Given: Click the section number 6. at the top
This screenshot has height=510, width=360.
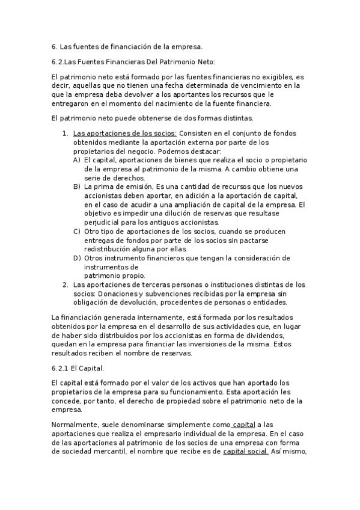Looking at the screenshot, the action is coord(54,46).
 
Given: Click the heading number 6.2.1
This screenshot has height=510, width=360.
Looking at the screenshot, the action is coord(61,367).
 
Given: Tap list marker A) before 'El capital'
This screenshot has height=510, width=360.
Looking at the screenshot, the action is coord(76,161).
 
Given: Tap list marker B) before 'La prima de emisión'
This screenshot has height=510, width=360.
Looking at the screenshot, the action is coord(76,187).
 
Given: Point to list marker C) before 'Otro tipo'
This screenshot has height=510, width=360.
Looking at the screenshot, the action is coord(76,232).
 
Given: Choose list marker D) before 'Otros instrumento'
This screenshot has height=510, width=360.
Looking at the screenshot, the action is coord(76,258).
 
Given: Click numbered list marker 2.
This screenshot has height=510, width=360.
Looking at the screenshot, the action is coord(66,284).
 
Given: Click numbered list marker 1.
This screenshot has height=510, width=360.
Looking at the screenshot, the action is coord(66,134).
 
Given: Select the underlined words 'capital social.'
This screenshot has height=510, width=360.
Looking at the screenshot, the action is coord(246,452).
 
